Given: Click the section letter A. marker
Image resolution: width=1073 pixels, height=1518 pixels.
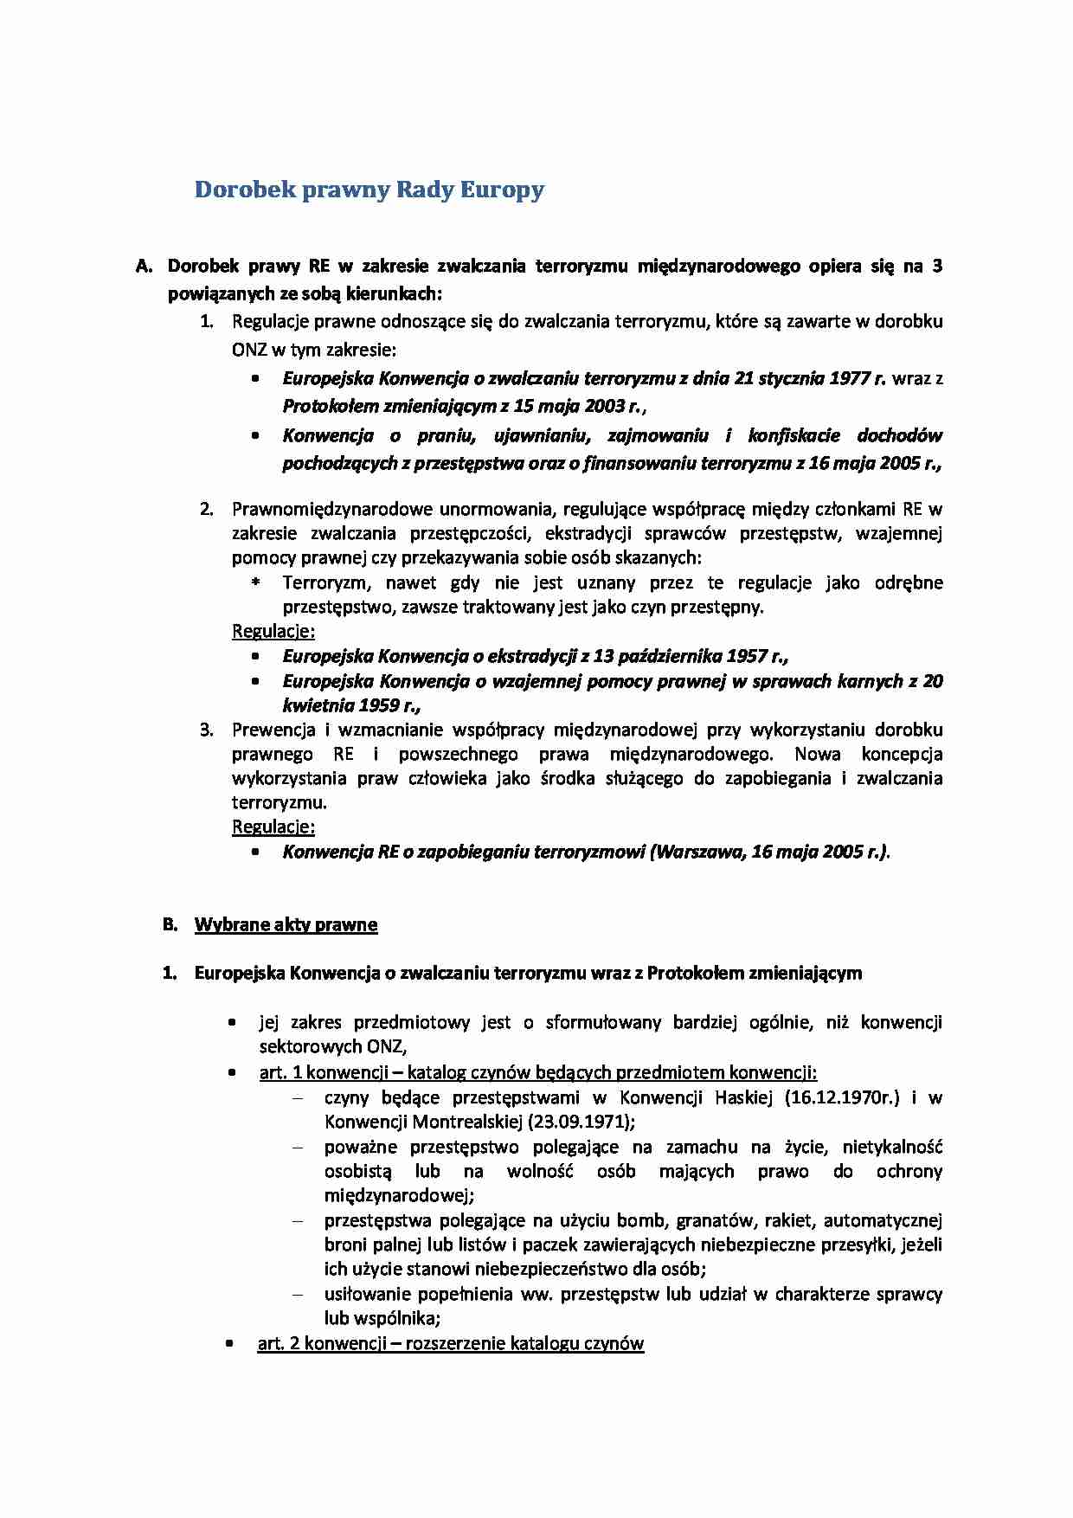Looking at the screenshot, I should pos(144,266).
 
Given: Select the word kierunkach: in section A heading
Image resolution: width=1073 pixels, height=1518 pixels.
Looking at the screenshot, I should pos(394,293).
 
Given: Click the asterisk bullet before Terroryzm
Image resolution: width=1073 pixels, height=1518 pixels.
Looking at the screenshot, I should pos(255,583).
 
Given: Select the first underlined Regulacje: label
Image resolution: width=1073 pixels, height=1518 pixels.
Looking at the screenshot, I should pos(273,631).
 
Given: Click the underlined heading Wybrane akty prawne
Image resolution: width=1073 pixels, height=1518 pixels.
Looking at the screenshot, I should pos(286,924).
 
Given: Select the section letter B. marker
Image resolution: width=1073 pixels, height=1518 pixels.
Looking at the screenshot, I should pos(170,924).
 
